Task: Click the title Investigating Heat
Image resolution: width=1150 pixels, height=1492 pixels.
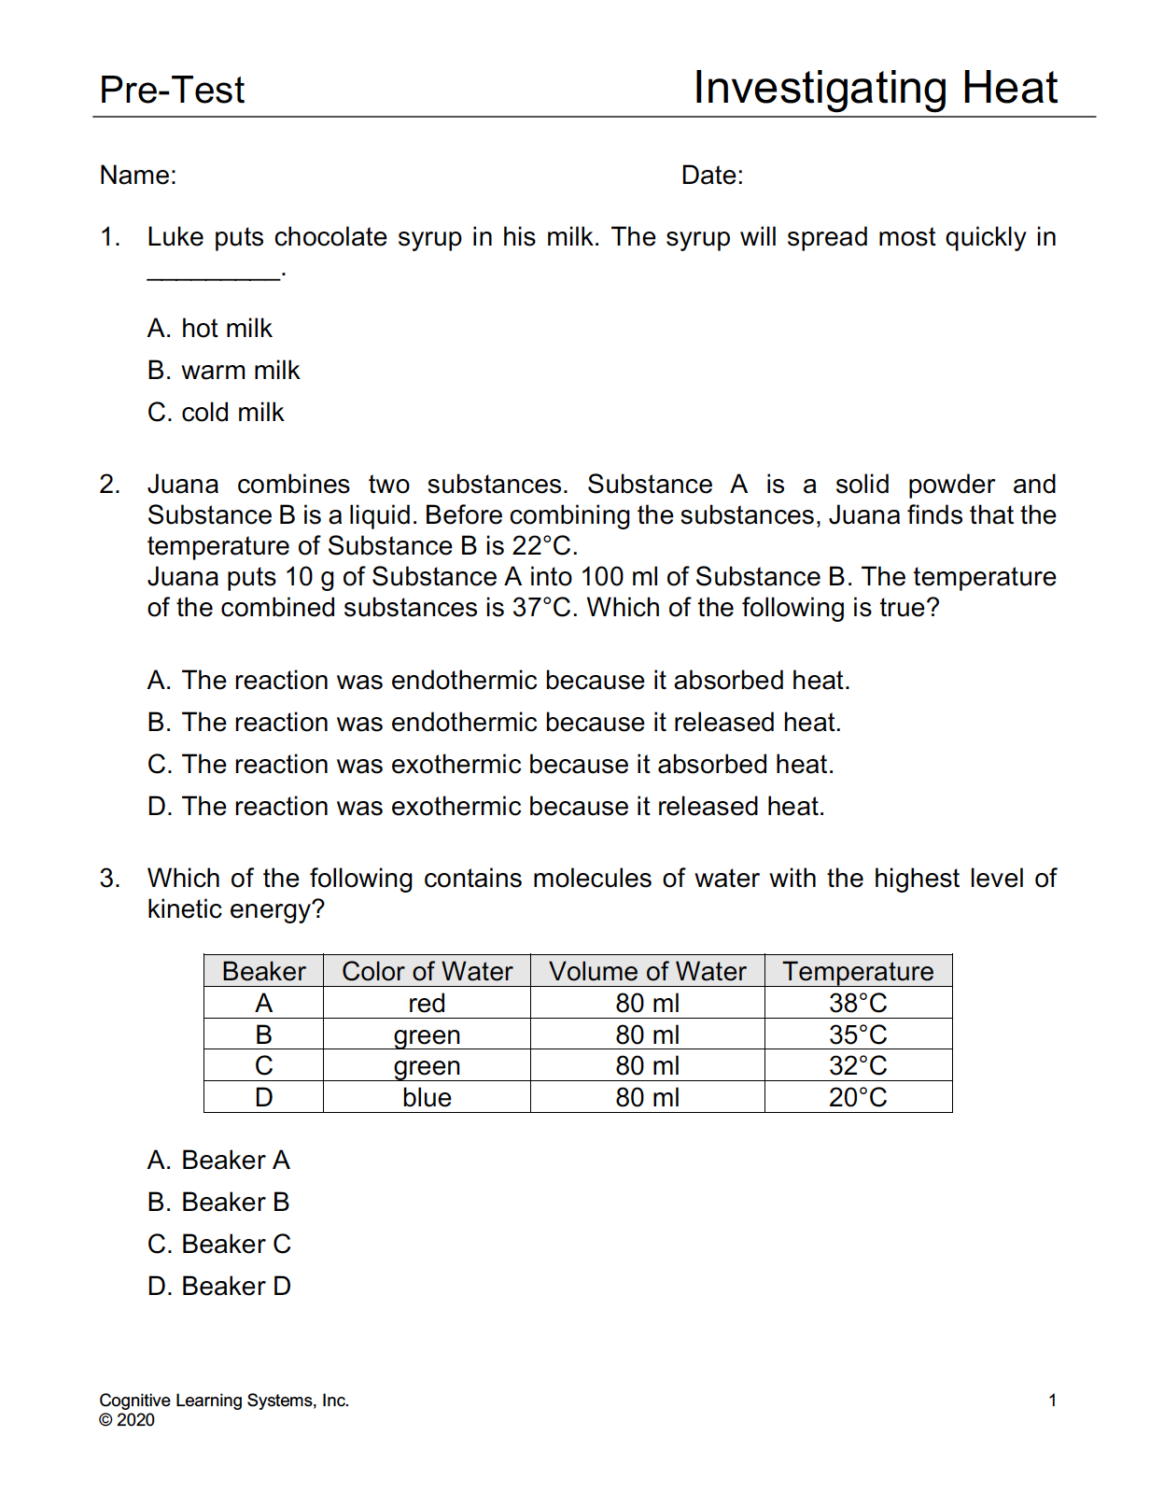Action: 875,89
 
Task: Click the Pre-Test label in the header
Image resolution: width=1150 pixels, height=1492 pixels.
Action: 172,91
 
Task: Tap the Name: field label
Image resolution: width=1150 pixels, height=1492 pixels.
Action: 138,176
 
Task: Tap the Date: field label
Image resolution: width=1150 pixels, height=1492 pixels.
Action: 712,176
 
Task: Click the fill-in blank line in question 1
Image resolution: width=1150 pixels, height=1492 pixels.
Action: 213,274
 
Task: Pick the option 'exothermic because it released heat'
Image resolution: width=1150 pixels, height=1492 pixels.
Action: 485,807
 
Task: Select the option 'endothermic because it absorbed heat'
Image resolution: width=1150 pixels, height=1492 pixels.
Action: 498,681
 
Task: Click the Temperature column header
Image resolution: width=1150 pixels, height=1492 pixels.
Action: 858,971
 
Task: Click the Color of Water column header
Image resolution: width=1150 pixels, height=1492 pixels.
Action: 427,971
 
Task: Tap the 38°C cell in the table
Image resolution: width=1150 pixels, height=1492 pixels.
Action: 858,1004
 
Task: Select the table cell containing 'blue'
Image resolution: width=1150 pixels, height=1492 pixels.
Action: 427,1098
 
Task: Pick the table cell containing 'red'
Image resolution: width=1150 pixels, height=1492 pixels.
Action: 427,1004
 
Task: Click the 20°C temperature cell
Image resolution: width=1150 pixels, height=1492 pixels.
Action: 858,1098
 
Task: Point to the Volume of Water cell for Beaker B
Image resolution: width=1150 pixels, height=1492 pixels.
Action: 647,1035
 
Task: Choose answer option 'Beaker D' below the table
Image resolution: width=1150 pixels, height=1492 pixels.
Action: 218,1287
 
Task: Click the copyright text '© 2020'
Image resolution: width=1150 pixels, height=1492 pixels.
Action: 127,1420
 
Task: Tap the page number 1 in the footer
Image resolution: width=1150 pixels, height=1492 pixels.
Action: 1052,1401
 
